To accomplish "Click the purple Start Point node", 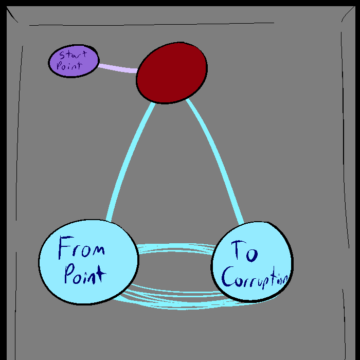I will point(73,62).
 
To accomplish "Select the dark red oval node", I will point(172,73).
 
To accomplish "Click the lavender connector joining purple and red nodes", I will point(118,68).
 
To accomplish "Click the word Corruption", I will point(254,277).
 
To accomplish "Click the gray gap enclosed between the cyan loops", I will point(175,273).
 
